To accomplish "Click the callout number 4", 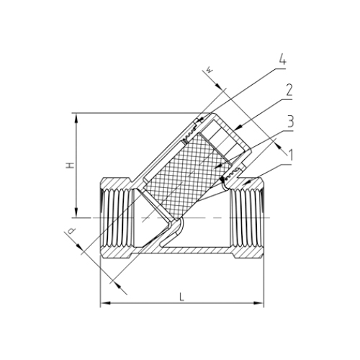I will point(282,61).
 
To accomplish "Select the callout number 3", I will point(289,120).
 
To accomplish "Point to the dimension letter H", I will point(69,165).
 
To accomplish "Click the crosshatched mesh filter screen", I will point(184,170).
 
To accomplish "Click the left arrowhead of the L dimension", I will point(102,303).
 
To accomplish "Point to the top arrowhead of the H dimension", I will point(75,115).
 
